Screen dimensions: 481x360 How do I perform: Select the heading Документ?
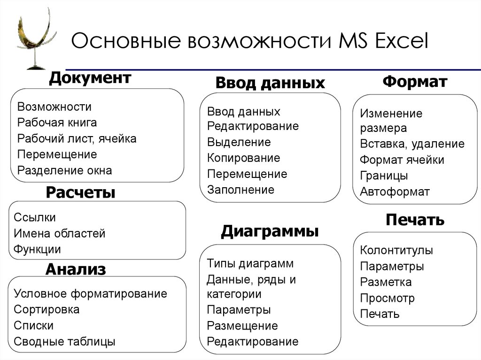90,78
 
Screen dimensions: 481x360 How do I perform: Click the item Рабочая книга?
57,123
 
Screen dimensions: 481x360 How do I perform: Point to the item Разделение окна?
65,170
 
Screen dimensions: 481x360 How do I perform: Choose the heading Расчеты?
81,192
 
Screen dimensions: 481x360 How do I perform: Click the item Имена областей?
60,233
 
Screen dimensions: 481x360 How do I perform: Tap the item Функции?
38,249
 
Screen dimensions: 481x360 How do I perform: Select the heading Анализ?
76,269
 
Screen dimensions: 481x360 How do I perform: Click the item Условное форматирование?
91,294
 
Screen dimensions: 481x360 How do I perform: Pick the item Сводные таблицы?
65,342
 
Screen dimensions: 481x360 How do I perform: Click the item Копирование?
243,158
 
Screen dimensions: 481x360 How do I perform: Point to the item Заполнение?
240,190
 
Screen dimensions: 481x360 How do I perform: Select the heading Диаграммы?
270,231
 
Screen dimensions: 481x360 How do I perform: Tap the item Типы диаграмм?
250,263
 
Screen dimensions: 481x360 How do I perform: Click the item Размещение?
242,326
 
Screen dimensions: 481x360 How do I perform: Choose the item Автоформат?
395,192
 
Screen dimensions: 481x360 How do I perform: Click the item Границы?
384,176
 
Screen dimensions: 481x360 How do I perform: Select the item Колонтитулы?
396,250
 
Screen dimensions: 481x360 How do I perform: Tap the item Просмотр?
388,298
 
